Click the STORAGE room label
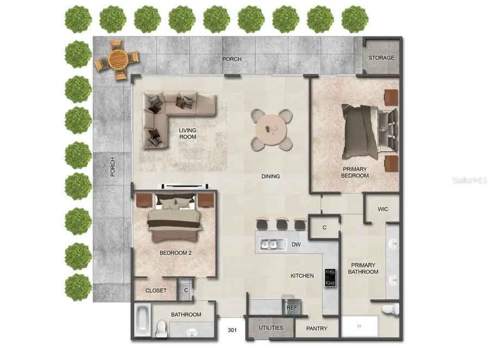point(381,58)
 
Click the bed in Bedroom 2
point(175,219)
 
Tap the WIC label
point(384,209)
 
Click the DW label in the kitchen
point(296,245)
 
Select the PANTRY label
point(317,329)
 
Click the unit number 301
point(233,330)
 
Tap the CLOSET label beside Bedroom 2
point(156,290)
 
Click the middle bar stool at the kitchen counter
point(281,223)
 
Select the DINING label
point(271,176)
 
